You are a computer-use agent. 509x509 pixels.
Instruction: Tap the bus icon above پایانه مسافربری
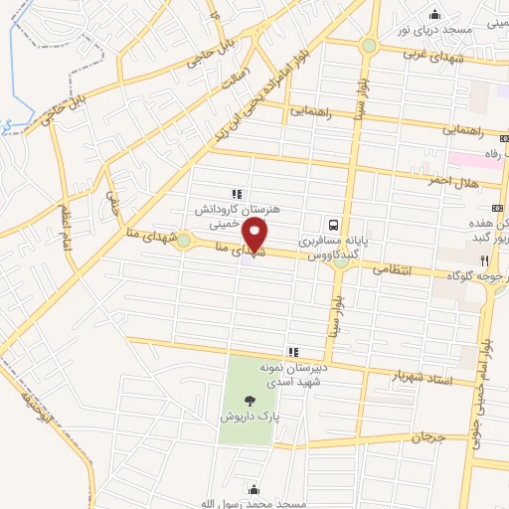[x=337, y=225]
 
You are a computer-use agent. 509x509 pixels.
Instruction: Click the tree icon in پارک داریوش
[x=249, y=401]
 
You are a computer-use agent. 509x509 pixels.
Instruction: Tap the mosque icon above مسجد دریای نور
[x=434, y=14]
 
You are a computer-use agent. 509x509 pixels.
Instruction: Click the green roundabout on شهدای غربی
[x=369, y=45]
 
